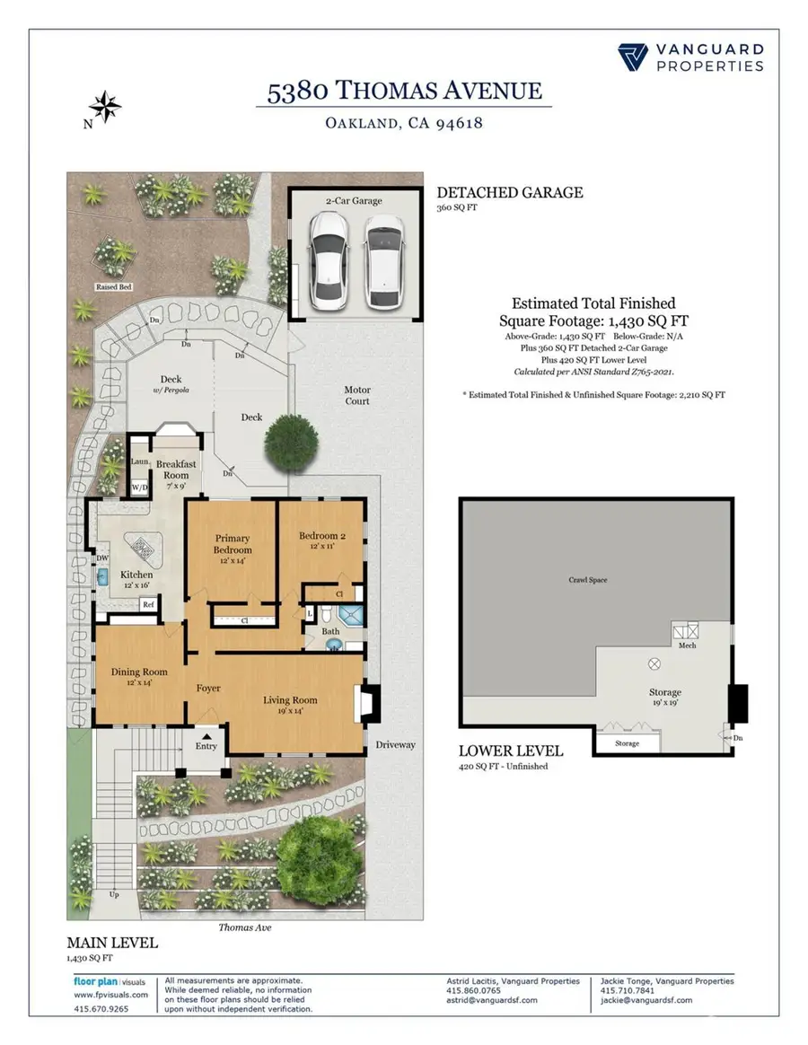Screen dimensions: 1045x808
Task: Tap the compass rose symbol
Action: [x=105, y=107]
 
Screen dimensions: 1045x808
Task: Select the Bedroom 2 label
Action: [x=321, y=539]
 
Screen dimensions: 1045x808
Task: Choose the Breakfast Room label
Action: [x=176, y=469]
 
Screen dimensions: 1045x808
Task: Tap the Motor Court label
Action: [x=357, y=396]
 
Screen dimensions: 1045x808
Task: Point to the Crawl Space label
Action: [x=587, y=580]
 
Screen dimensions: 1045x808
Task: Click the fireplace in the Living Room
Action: [x=368, y=705]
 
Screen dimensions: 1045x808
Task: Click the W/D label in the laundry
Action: [x=140, y=487]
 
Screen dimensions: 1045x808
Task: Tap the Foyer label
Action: [x=208, y=689]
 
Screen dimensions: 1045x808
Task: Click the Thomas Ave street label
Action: [x=244, y=927]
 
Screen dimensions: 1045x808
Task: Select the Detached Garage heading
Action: [x=509, y=192]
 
